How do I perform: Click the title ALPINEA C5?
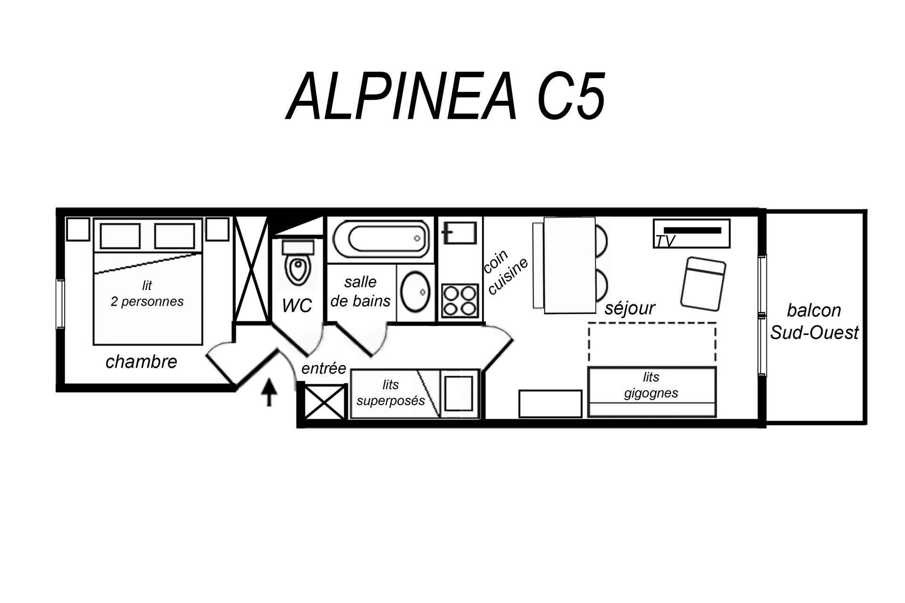tap(445, 96)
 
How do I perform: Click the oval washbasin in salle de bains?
tap(415, 292)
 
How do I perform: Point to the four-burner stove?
tap(460, 301)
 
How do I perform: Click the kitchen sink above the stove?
tap(460, 233)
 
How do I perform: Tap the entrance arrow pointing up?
tap(269, 391)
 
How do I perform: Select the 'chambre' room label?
tap(141, 361)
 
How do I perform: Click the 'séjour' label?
tap(630, 308)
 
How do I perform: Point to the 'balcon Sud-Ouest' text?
tap(814, 321)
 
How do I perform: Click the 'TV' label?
tap(665, 241)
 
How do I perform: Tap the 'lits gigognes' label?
tap(651, 385)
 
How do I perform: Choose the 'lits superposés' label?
tap(391, 392)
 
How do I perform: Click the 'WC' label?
tap(297, 306)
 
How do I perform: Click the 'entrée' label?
tap(324, 368)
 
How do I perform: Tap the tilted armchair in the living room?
tap(703, 283)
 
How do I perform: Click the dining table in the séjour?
tap(570, 265)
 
